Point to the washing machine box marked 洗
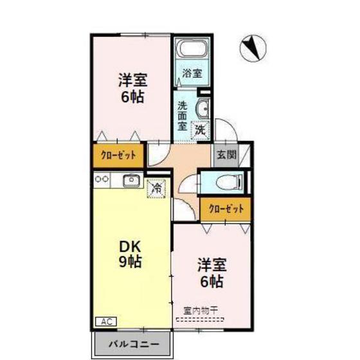click(x=201, y=129)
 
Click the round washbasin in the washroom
click(x=202, y=107)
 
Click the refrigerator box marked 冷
click(x=156, y=188)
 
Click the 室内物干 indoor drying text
click(x=201, y=309)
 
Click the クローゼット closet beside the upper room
click(x=118, y=155)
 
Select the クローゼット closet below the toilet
click(x=225, y=208)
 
